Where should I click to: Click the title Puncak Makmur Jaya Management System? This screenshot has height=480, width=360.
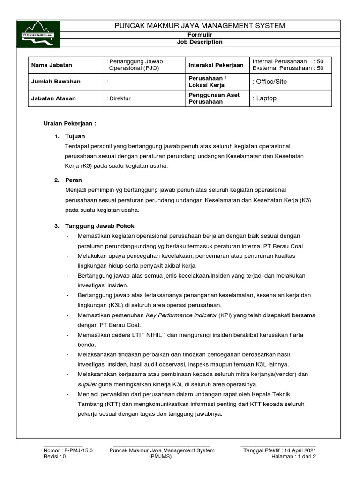(x=200, y=25)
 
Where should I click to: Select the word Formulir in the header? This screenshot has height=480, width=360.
(x=200, y=35)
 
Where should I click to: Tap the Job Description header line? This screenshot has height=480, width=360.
(x=200, y=42)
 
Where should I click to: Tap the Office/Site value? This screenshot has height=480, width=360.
(x=270, y=82)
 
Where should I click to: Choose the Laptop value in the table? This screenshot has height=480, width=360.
(x=265, y=98)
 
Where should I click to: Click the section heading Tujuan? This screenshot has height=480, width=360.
(x=75, y=136)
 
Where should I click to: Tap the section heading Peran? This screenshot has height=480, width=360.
(x=74, y=180)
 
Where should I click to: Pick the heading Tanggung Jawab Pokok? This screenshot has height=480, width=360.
(x=99, y=226)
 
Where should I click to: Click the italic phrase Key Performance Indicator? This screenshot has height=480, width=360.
(x=181, y=315)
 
